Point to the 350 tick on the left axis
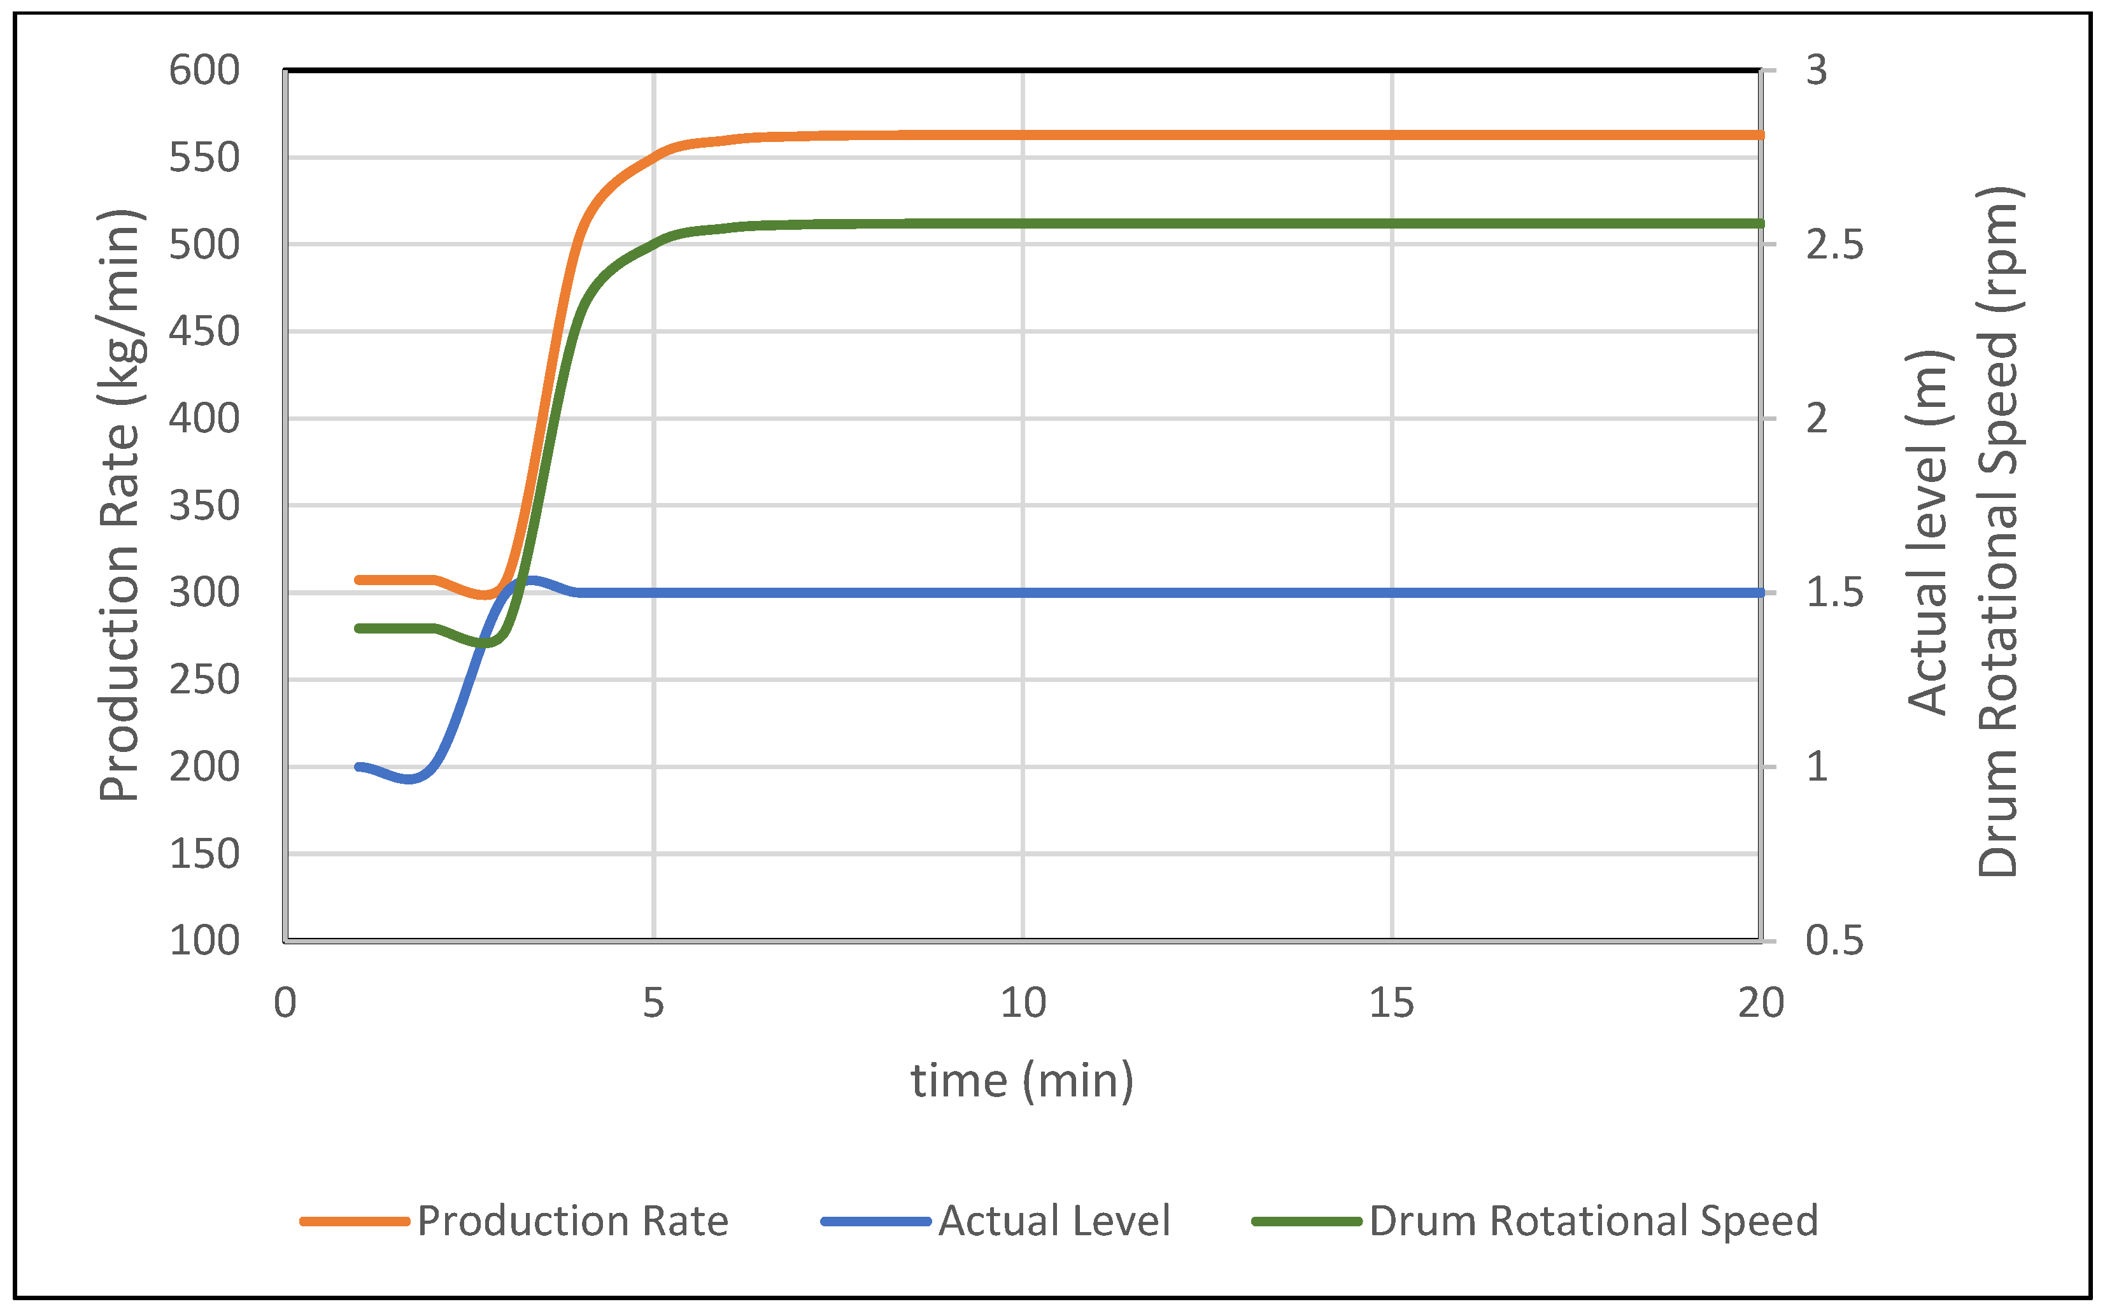[204, 506]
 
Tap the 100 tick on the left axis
[204, 941]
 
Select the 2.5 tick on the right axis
[1834, 245]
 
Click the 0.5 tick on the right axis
[1834, 941]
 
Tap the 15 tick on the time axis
[1391, 1004]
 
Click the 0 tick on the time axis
[285, 1004]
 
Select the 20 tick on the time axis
[1760, 1004]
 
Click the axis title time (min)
[1022, 1081]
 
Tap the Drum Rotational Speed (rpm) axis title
[1999, 532]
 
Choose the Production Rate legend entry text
[572, 1221]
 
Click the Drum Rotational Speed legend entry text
[1592, 1221]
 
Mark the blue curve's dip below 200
[410, 779]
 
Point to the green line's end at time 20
[1760, 223]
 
